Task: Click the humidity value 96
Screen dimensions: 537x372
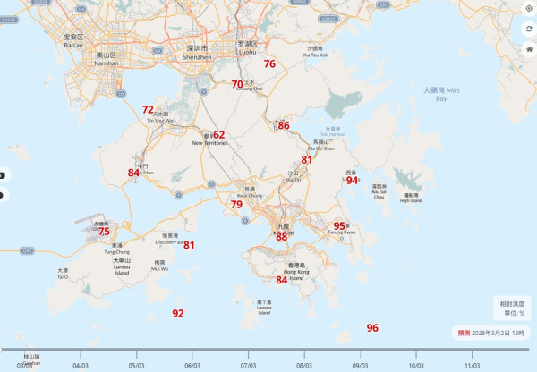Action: [x=372, y=328]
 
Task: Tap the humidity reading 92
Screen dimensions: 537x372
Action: [x=178, y=313]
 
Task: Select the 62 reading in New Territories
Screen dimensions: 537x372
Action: [x=218, y=135]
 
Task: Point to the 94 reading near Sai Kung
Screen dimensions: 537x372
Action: [x=352, y=180]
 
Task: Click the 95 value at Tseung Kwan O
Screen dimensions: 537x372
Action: [x=339, y=226]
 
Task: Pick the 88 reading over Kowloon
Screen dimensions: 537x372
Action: [x=281, y=236]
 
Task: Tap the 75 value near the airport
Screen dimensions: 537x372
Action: [x=104, y=232]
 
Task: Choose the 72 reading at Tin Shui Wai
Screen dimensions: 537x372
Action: [x=148, y=110]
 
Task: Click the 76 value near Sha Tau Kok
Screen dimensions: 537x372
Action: [x=269, y=64]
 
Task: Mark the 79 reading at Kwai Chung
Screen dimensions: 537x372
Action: [x=236, y=205]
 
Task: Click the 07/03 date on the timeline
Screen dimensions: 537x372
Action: [x=249, y=365]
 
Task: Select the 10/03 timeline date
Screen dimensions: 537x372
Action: [x=416, y=365]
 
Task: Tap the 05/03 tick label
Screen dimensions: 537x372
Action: [x=137, y=365]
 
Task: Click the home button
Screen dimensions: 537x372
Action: [x=529, y=48]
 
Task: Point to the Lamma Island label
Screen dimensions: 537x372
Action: [x=264, y=308]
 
